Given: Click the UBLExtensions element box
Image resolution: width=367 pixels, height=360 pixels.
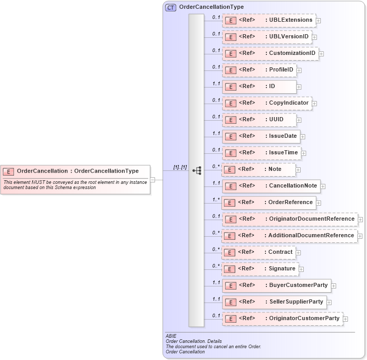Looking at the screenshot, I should (x=269, y=20).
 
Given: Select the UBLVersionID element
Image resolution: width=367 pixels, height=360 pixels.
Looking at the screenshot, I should (x=266, y=37).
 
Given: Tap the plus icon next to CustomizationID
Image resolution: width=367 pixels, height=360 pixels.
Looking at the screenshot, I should (x=321, y=53).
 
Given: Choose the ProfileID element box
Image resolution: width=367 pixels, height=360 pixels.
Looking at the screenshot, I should (x=259, y=70).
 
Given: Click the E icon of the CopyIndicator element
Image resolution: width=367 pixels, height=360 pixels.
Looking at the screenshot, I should (x=231, y=103).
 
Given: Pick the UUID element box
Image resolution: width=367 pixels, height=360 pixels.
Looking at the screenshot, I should (x=260, y=120).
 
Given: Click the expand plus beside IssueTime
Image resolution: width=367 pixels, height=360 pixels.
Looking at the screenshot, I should (x=304, y=153).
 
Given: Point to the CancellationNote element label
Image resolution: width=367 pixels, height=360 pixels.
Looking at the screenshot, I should (x=293, y=185).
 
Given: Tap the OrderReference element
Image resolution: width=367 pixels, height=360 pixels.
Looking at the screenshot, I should (x=269, y=202).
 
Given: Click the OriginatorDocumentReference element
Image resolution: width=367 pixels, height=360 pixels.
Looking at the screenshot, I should (x=290, y=219).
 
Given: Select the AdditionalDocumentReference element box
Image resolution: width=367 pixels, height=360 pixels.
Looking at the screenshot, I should (x=290, y=235).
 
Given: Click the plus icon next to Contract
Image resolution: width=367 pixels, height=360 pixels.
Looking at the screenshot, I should (x=299, y=253).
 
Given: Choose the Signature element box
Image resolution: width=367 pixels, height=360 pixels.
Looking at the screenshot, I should (x=260, y=268).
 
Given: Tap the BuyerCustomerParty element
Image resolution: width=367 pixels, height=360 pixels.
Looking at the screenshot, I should (x=276, y=285).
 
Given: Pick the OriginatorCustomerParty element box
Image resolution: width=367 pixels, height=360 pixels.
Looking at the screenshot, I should (x=283, y=318).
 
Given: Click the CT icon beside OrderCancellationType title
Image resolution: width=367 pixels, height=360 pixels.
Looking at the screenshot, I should (x=170, y=7).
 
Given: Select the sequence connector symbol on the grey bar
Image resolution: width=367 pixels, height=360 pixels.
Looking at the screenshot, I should (x=196, y=170).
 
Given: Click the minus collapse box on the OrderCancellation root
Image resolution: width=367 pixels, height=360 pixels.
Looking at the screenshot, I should (x=152, y=180).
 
